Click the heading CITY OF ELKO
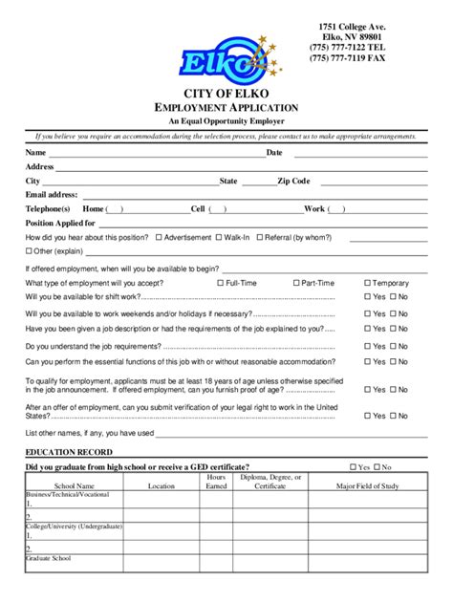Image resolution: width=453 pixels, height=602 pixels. click(226, 93)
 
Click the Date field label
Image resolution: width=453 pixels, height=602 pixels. click(274, 153)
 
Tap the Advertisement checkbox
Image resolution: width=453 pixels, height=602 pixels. click(159, 237)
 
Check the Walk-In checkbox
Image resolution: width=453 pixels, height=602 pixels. click(219, 237)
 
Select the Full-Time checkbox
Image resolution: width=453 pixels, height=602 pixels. click(220, 284)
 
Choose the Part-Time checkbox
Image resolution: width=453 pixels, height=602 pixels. click(295, 284)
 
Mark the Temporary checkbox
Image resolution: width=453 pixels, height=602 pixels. click(367, 284)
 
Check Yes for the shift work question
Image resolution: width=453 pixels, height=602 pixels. click(367, 297)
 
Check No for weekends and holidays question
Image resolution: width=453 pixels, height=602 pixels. click(392, 313)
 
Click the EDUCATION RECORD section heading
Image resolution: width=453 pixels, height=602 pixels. click(69, 452)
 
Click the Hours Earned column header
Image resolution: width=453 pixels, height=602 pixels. click(217, 482)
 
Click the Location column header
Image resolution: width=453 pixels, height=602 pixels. click(162, 486)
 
